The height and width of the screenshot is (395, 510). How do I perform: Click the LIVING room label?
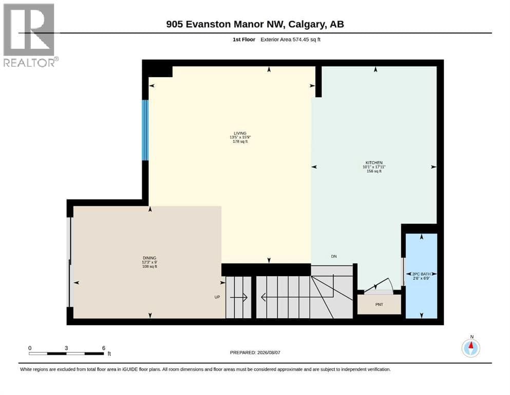pos(240,133)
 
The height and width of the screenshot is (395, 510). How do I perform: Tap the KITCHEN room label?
pos(374,163)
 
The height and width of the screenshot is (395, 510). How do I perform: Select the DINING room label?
pos(149,258)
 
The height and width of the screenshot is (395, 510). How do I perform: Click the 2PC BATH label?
pos(421,274)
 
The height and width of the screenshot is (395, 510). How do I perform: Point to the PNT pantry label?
pos(379,304)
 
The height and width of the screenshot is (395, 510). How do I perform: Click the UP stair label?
pos(217,297)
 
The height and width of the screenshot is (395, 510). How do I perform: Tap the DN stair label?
pos(334,256)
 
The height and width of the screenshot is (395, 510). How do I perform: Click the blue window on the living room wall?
pos(145,130)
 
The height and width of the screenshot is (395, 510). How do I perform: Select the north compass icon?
pos(470,348)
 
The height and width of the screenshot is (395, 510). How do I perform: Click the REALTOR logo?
pos(30,35)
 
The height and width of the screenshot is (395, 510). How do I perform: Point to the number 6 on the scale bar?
pos(104,348)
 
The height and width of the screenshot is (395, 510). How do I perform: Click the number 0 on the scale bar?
pos(30,348)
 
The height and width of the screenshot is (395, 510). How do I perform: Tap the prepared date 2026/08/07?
pos(269,352)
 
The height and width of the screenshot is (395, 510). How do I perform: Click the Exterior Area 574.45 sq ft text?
pos(291,40)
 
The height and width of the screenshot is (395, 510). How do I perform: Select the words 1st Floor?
pos(244,40)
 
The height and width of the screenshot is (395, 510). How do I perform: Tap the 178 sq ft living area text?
pos(240,141)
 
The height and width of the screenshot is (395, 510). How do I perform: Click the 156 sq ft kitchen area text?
pos(374,171)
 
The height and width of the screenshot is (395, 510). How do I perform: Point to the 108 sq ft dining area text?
pos(149,266)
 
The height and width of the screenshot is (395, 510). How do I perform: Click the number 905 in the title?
pos(174,24)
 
